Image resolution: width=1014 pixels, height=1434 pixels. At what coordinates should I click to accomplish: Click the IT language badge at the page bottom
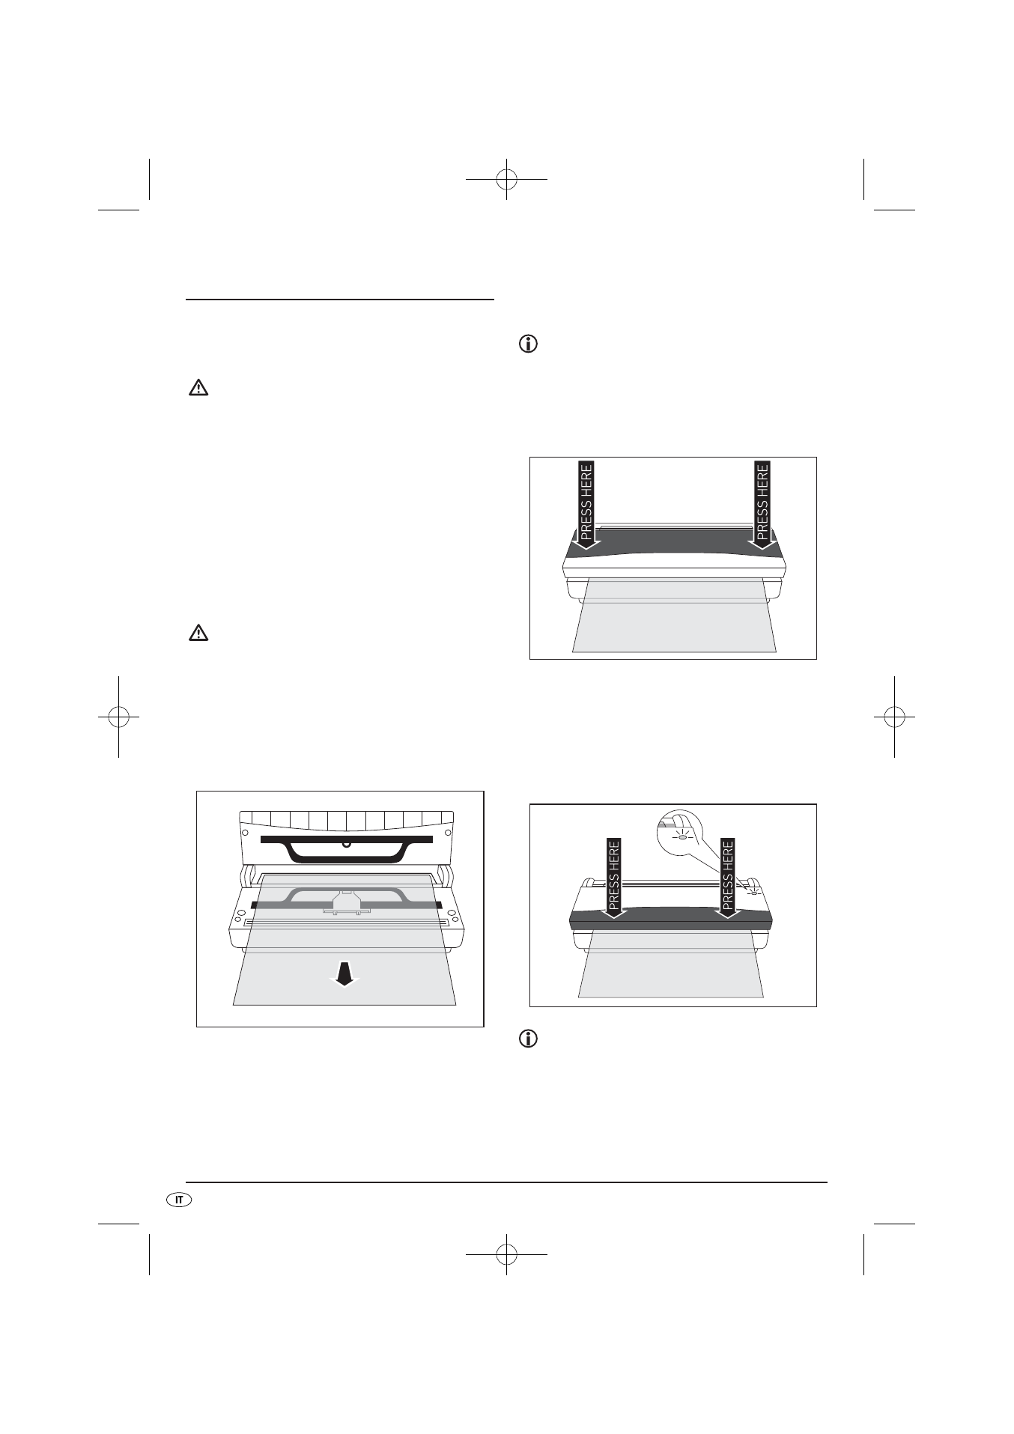pos(178,1200)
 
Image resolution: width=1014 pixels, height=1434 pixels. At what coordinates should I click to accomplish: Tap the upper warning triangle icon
pos(198,388)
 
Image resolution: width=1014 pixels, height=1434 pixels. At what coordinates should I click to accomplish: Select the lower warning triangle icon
pos(198,634)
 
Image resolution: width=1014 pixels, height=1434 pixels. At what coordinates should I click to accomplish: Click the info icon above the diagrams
pos(529,345)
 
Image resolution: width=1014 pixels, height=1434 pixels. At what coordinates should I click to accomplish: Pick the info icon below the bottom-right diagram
pos(529,1039)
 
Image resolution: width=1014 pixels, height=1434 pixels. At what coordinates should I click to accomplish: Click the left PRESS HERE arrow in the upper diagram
pos(586,505)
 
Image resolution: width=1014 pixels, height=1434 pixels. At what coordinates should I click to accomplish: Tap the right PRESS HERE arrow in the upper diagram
pos(762,505)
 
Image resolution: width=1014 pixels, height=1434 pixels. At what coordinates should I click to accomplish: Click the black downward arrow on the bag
pos(344,974)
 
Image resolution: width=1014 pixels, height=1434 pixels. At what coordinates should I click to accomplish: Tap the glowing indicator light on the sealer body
pos(754,890)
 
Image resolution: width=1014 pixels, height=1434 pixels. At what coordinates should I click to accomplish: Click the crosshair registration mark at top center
pos(506,179)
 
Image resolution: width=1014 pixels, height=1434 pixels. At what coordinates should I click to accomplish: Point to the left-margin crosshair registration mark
pos(118,717)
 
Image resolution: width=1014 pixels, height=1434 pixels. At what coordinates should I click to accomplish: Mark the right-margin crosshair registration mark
pos(894,717)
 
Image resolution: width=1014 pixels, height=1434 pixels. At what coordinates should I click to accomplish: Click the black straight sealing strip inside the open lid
pos(346,839)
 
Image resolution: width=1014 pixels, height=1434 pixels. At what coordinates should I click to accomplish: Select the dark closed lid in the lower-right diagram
pos(671,918)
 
